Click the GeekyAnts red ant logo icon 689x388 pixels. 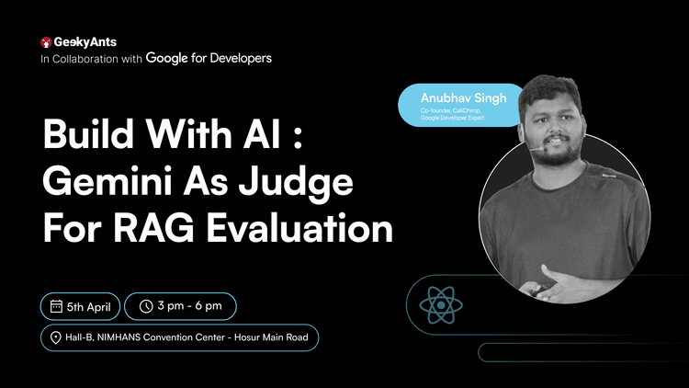tap(46, 42)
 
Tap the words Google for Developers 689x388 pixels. tap(209, 58)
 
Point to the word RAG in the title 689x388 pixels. tap(153, 228)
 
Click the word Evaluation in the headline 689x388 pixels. tap(299, 228)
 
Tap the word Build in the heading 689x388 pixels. tap(88, 133)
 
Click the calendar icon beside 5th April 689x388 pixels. tap(56, 306)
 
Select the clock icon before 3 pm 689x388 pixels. tap(146, 306)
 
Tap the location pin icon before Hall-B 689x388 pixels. tap(55, 337)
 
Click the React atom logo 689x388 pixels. tap(441, 305)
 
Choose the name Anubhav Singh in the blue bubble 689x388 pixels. tap(464, 98)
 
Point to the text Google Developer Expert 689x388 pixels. tap(452, 118)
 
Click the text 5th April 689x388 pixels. tap(89, 306)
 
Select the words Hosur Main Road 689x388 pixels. tap(271, 337)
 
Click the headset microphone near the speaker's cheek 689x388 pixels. tap(537, 149)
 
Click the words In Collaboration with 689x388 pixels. tap(91, 59)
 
